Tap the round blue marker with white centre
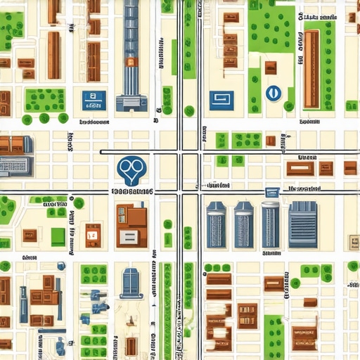click(273, 92)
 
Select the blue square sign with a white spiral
click(221, 100)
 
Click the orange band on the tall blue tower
click(130, 62)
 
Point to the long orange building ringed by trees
click(311, 69)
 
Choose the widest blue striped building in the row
click(303, 224)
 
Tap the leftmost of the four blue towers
click(215, 225)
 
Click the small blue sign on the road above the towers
click(268, 192)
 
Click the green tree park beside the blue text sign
click(45, 101)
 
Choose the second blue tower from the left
click(243, 225)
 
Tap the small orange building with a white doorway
click(92, 231)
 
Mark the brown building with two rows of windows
click(247, 316)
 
